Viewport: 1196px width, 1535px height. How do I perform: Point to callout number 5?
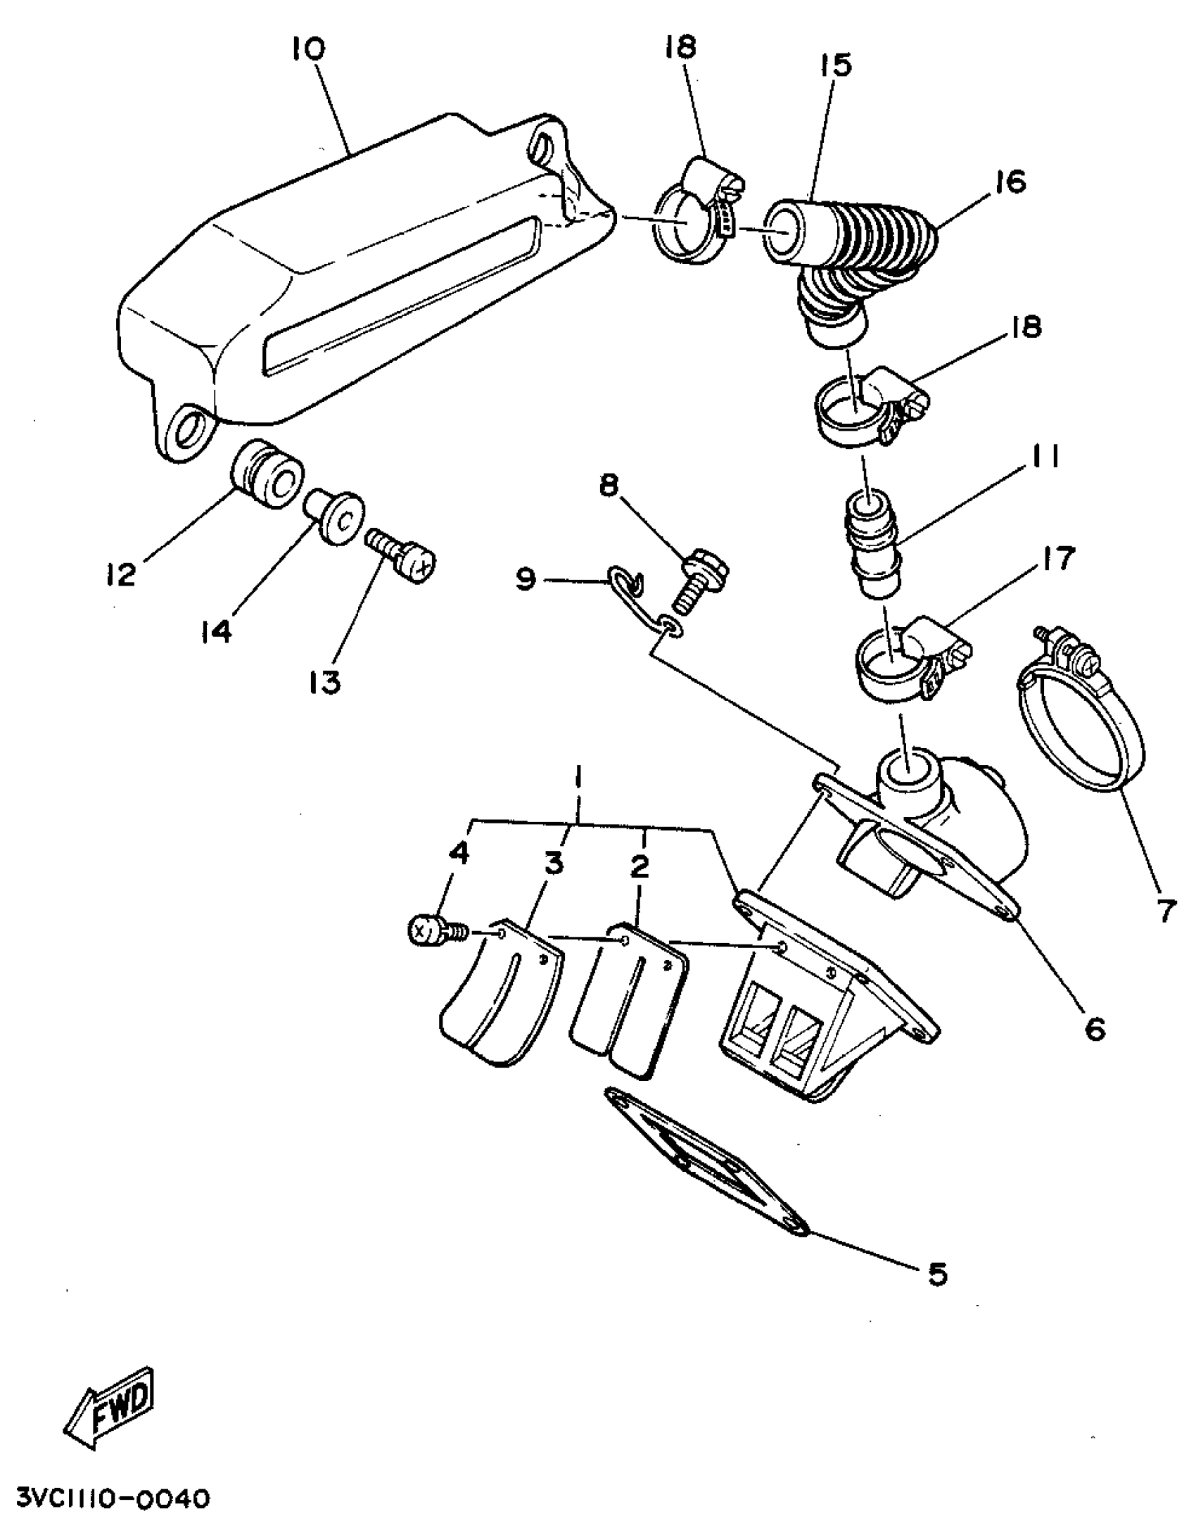coord(937,1275)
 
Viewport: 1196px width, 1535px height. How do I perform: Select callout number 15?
coord(835,65)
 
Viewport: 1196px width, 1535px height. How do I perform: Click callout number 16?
coord(1010,182)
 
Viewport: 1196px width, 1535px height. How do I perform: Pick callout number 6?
coord(1095,1029)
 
